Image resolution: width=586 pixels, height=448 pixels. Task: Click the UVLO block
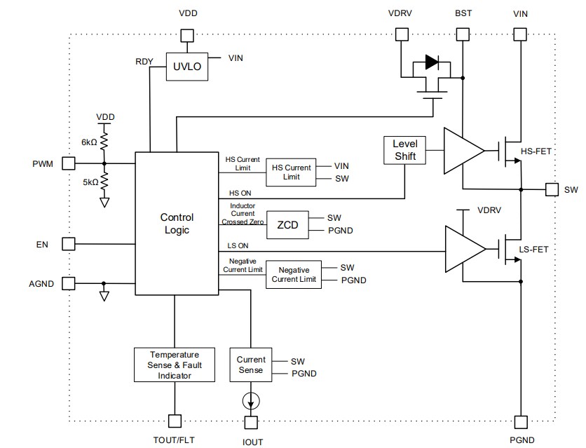[x=186, y=67]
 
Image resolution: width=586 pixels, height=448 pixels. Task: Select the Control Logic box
[x=177, y=223]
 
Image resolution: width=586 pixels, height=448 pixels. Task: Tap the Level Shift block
[x=404, y=149]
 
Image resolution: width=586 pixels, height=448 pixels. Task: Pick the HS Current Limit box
[x=290, y=172]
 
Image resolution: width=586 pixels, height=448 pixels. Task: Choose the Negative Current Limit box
[x=294, y=274]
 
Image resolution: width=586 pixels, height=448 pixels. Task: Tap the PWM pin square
[x=68, y=163]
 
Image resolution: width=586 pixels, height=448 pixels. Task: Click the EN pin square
[x=68, y=244]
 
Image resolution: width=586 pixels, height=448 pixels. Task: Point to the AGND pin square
[x=68, y=283]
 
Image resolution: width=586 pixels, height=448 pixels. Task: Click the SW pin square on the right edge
[x=552, y=189]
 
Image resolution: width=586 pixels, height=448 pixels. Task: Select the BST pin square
[x=463, y=34]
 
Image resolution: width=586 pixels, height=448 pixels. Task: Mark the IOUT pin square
[x=250, y=422]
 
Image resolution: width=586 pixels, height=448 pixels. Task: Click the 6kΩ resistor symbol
[x=104, y=143]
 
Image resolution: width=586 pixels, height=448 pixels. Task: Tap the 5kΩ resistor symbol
[x=104, y=182]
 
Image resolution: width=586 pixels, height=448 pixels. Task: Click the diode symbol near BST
[x=432, y=63]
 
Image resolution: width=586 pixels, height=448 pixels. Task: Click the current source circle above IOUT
[x=250, y=402]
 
